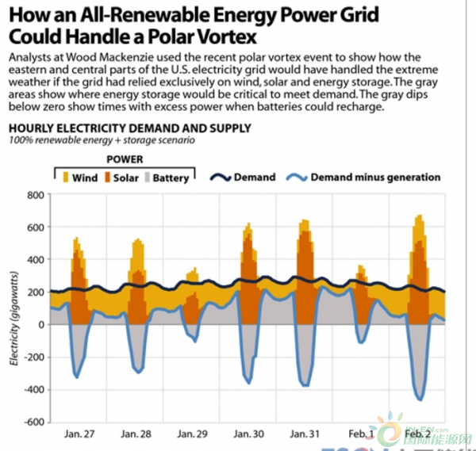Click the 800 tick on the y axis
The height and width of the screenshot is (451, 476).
click(34, 195)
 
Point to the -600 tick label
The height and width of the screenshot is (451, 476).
click(33, 422)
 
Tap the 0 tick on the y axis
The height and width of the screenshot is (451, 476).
click(40, 324)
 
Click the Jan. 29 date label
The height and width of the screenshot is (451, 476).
click(193, 434)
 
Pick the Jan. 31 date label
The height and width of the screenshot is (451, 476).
click(305, 434)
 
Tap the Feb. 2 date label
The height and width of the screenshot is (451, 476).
click(418, 434)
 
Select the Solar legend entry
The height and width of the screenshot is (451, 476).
click(121, 178)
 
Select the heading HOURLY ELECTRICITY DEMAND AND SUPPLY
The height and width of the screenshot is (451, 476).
click(129, 128)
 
